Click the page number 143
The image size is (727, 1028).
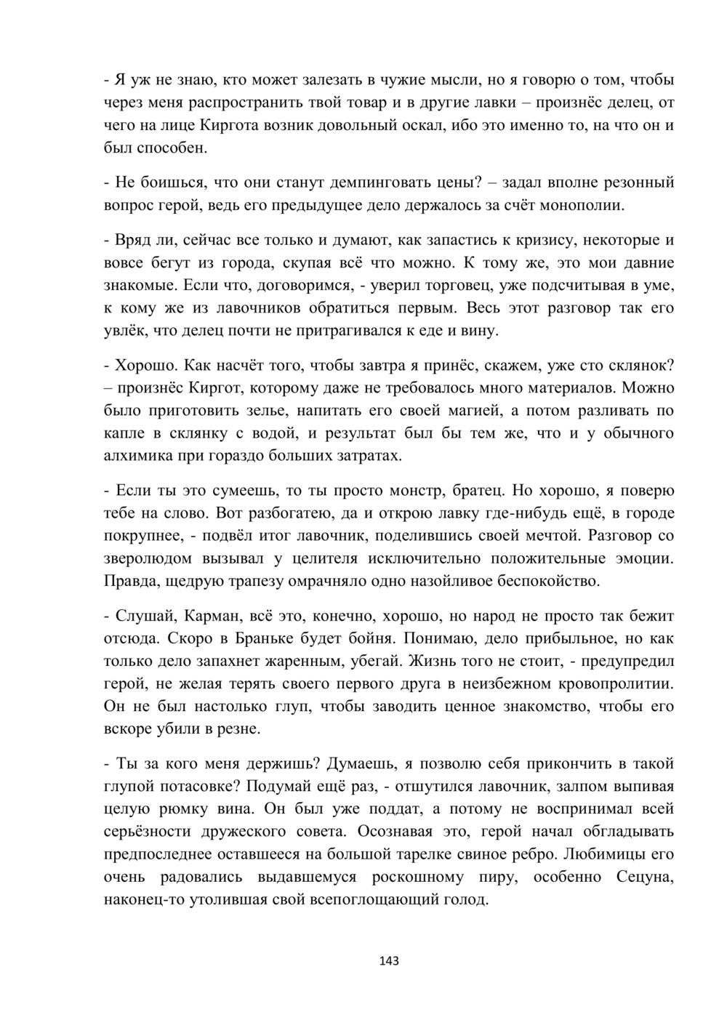tap(390, 961)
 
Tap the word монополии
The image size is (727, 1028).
tap(582, 206)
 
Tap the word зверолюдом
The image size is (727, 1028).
tap(148, 559)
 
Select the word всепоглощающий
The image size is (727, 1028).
tap(385, 900)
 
